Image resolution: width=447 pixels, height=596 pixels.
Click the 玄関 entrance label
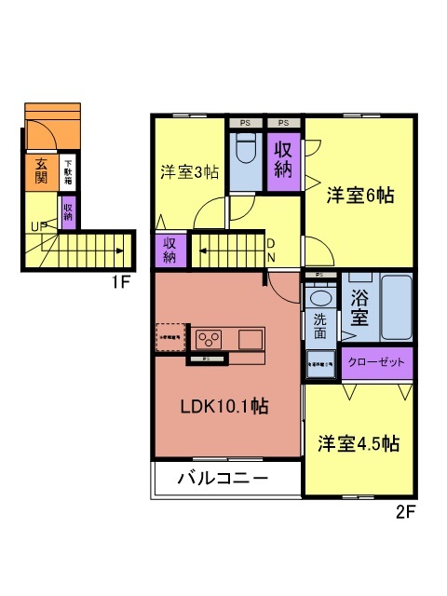42,171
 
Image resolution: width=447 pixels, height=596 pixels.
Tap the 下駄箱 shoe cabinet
68,170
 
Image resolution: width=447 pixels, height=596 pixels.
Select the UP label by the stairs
38,225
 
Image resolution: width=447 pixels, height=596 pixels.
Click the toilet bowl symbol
248,149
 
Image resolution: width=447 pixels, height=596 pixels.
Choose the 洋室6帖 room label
359,196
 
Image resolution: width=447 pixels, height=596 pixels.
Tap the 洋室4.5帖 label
359,442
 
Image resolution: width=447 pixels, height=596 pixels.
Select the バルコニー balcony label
223,479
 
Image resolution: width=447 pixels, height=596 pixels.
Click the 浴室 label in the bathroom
360,309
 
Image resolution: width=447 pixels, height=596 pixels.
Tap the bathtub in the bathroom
397,307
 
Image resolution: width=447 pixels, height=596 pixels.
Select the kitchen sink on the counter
251,338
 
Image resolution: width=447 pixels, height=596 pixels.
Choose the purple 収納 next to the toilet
284,157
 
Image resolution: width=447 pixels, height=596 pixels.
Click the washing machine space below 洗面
318,362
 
